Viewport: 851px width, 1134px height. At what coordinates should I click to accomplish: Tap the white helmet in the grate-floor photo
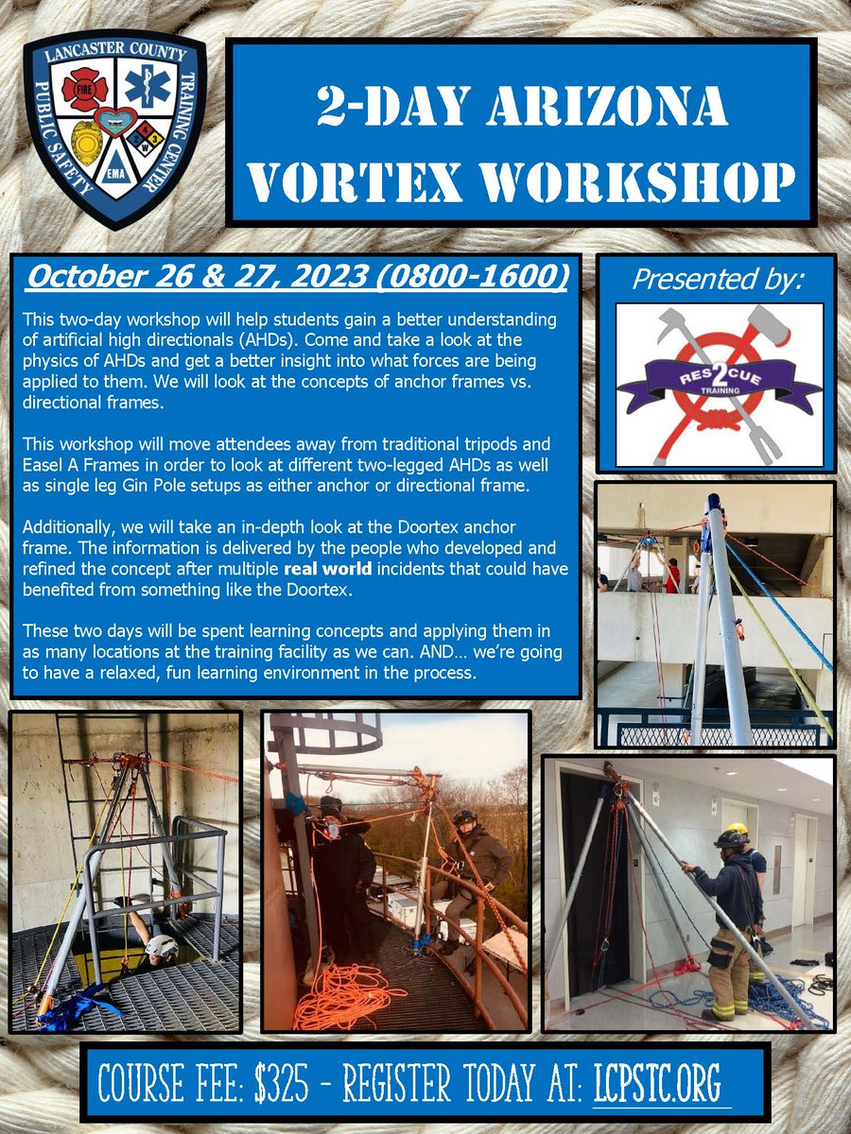(x=162, y=946)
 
